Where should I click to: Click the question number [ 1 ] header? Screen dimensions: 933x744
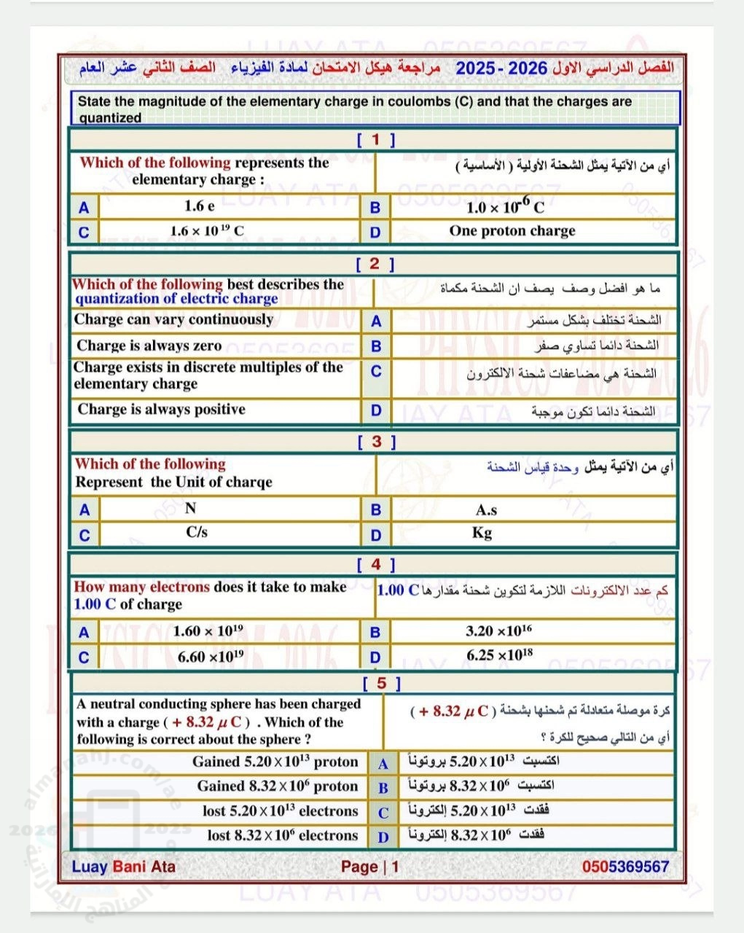tap(375, 140)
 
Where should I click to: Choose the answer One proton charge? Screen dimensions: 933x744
tap(512, 231)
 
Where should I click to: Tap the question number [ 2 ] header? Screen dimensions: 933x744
tap(375, 264)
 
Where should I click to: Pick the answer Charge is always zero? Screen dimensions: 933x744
tap(149, 346)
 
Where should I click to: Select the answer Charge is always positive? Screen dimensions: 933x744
tap(161, 410)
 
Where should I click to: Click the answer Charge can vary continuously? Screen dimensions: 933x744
tap(173, 319)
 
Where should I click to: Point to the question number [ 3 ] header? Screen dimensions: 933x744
tap(376, 441)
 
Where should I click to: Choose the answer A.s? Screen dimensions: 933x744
tap(486, 510)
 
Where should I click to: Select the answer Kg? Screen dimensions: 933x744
tap(482, 533)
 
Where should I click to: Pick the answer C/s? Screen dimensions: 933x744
tap(197, 532)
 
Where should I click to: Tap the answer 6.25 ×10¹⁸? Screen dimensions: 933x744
tap(500, 655)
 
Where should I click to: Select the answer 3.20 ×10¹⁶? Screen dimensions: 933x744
tap(499, 631)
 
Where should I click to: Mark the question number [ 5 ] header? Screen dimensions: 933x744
tap(382, 683)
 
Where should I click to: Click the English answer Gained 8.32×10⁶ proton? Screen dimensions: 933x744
tap(278, 786)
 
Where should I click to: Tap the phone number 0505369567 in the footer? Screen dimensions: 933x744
tap(625, 867)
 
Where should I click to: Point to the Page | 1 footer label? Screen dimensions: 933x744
tap(370, 867)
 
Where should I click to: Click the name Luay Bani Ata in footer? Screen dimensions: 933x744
tap(124, 867)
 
